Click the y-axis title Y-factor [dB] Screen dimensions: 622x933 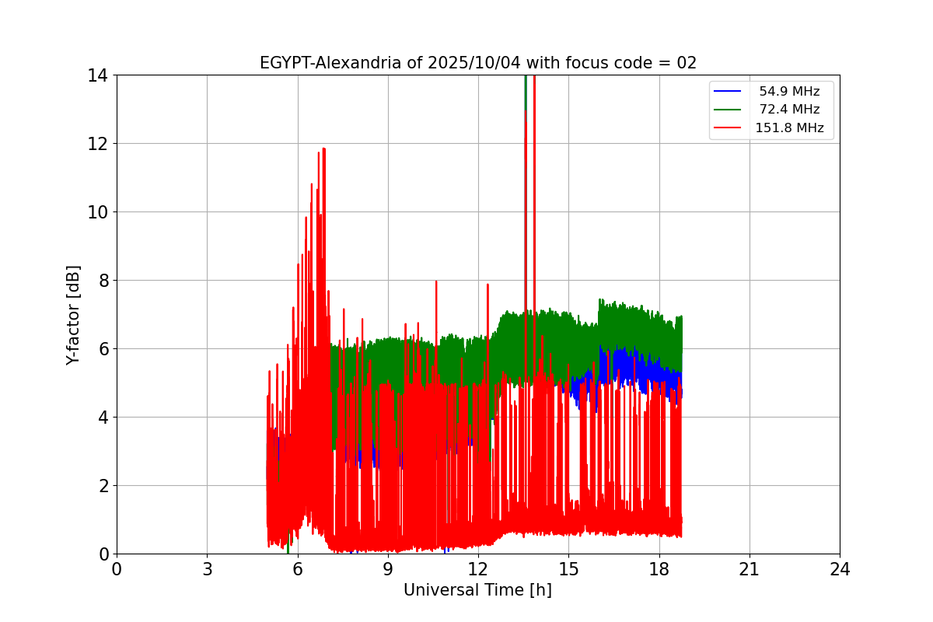click(x=73, y=315)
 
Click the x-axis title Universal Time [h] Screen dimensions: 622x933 click(x=477, y=590)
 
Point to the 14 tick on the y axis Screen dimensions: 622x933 click(x=98, y=75)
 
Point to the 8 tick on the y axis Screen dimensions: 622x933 click(x=103, y=281)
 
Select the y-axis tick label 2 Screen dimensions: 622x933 click(x=103, y=486)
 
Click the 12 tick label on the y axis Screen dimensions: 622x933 click(x=98, y=144)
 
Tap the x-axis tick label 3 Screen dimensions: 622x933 click(x=207, y=569)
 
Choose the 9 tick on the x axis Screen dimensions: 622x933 click(x=388, y=569)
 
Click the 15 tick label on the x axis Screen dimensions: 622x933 click(x=568, y=569)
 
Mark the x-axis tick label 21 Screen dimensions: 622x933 click(x=750, y=569)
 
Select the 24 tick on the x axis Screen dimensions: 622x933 click(x=840, y=569)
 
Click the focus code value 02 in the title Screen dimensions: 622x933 click(x=687, y=63)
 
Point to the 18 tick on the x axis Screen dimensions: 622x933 click(x=659, y=569)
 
